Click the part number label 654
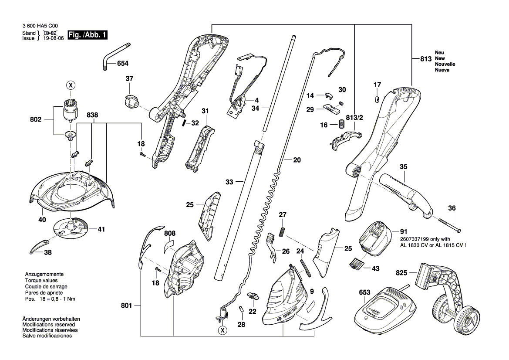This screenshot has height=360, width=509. [122, 64]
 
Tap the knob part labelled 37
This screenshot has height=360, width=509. [129, 102]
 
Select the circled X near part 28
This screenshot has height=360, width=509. [223, 330]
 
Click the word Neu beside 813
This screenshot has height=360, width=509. [439, 52]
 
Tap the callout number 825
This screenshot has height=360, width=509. [402, 273]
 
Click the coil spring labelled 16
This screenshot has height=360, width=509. [340, 125]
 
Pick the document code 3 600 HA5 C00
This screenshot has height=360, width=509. [39, 26]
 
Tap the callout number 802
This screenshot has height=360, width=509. [36, 119]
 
